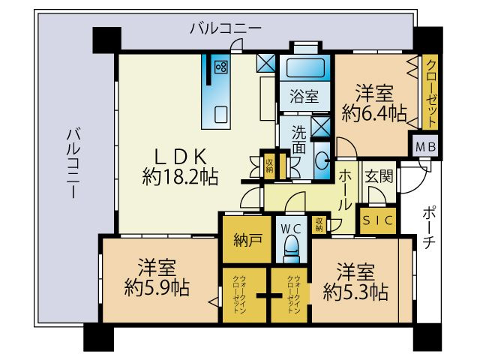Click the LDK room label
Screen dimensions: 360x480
point(180,156)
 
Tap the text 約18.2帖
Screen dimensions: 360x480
point(180,177)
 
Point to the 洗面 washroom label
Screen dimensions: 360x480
point(298,139)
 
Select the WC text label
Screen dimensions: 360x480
point(291,227)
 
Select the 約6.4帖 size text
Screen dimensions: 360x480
point(373,114)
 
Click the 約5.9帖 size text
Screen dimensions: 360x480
point(156,288)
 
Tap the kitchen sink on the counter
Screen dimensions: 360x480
point(221,114)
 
